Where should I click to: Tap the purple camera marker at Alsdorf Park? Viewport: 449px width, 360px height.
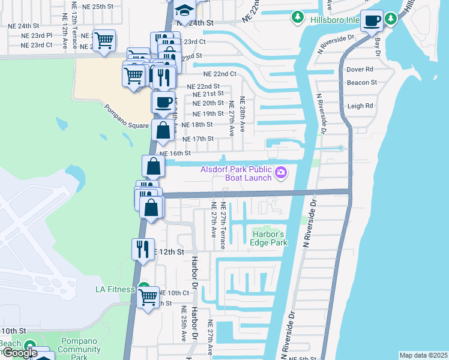coord(281,174)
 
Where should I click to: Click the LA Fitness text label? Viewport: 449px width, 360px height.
coord(115,289)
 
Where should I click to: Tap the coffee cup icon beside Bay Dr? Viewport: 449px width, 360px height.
coord(372,21)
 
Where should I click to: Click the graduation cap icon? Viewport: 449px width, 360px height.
coord(184,10)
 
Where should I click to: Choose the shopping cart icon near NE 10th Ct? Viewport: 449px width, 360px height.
coord(148,296)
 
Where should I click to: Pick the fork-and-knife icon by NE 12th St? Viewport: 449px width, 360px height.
coord(142,248)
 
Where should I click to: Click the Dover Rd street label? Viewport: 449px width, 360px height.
coord(360,69)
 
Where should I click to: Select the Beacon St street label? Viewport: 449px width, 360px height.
coord(361,82)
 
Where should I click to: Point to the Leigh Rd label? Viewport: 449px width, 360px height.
coord(360,106)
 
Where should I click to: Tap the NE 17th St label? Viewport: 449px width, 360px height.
coord(197,139)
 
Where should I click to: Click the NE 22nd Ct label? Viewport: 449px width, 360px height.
coord(220,74)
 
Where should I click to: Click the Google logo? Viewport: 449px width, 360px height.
coord(19,353)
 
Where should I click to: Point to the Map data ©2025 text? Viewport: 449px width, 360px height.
coord(424,355)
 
